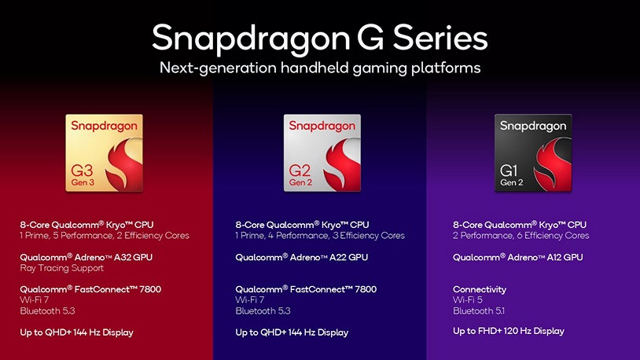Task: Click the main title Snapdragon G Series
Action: [x=319, y=37]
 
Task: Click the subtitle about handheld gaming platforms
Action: [x=319, y=68]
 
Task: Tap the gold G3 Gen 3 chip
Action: [x=105, y=153]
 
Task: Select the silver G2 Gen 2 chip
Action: [x=322, y=153]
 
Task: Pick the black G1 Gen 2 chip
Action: [x=532, y=153]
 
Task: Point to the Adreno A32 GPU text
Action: [x=87, y=257]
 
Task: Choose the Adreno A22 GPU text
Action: [x=302, y=257]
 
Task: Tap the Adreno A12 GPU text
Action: [x=517, y=257]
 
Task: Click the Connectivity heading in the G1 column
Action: [x=480, y=289]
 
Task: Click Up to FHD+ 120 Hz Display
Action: [x=508, y=331]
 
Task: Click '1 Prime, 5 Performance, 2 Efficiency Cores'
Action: [x=105, y=235]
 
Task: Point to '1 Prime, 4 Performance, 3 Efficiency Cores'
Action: [x=320, y=235]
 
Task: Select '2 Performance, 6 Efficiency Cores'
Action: [x=520, y=235]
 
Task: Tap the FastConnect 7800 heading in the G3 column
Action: [x=90, y=289]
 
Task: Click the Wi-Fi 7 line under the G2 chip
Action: [x=250, y=299]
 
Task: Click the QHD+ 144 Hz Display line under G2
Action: [x=292, y=332]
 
